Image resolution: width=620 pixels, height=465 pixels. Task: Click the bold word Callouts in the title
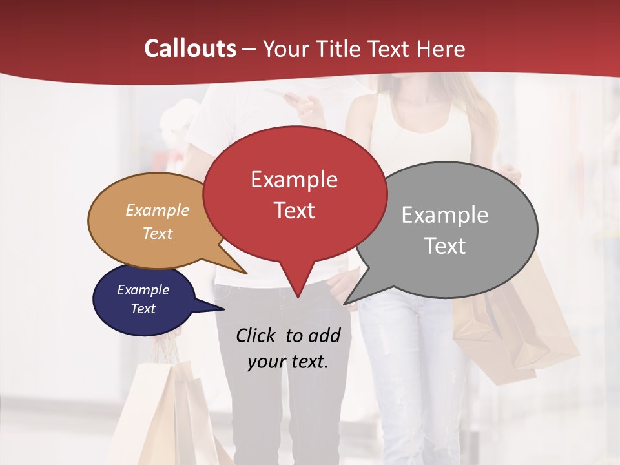coord(190,49)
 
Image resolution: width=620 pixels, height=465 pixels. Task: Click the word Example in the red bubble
coord(294,180)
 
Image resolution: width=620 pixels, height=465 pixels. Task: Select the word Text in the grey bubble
coord(446,246)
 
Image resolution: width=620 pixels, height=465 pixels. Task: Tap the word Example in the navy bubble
coord(143,290)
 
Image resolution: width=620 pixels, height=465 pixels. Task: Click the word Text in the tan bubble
coord(158,233)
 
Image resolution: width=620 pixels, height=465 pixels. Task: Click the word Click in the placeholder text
coord(257,335)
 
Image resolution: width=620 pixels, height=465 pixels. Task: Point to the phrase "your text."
coord(288,362)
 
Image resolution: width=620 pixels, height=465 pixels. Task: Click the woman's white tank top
coord(420,129)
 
